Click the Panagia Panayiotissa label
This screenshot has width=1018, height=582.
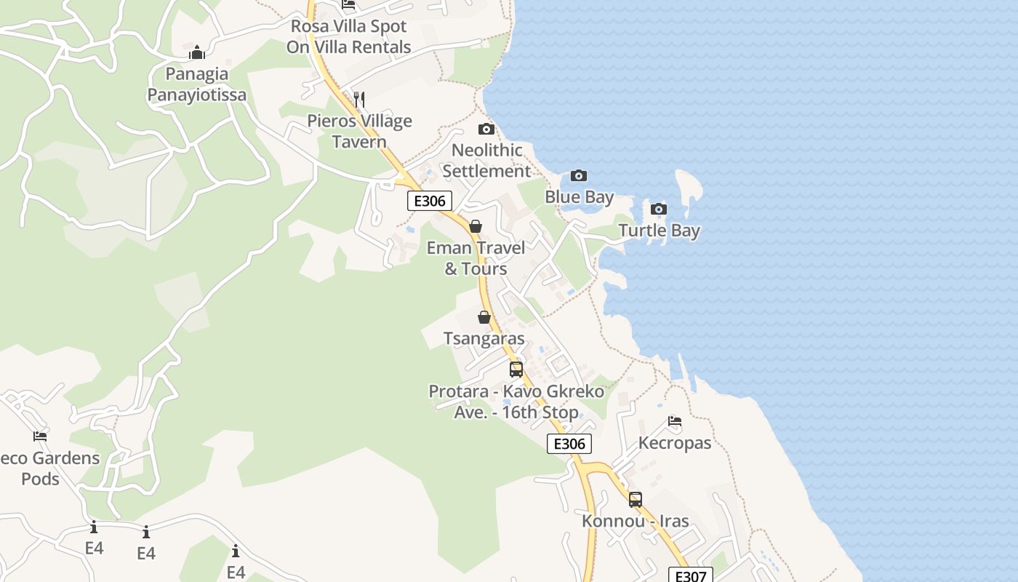point(197,84)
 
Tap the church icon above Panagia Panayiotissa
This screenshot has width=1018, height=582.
point(197,52)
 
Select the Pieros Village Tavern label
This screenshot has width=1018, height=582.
point(359,131)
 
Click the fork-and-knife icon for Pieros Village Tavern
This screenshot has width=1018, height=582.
point(359,99)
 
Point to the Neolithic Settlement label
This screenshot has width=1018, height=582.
point(487,161)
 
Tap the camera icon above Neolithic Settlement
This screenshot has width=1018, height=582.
point(486,129)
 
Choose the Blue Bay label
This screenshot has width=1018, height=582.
point(580,197)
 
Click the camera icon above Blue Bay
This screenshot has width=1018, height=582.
point(579,175)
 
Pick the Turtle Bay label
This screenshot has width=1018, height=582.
point(659,231)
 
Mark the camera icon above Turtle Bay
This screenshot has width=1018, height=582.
point(658,210)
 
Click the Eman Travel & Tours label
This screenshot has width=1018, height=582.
point(476,258)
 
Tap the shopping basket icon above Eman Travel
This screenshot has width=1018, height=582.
point(476,227)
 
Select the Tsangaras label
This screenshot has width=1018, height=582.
point(484,339)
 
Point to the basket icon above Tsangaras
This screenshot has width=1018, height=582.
point(484,318)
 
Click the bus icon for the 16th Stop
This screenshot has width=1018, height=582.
point(516,370)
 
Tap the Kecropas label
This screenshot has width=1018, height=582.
point(675,443)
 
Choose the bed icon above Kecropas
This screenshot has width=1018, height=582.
point(675,421)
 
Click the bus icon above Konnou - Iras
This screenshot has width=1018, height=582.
point(636,500)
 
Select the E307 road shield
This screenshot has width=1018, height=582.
point(690,575)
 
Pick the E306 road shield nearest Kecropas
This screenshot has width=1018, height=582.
point(569,444)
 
